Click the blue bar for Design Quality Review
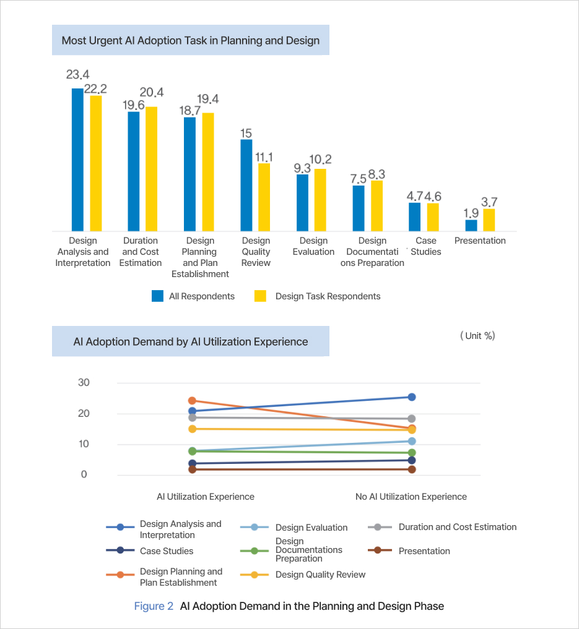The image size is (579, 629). click(246, 185)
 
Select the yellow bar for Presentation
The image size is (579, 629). click(489, 220)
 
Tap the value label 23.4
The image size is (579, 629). click(78, 75)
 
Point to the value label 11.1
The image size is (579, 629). click(264, 156)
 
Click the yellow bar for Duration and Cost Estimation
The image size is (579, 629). click(152, 168)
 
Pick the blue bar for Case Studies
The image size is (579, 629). click(414, 216)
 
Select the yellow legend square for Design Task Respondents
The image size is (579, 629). click(261, 296)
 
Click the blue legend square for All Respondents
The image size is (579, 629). click(157, 296)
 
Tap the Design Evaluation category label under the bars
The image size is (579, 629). click(313, 246)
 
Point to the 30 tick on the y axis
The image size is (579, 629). click(84, 382)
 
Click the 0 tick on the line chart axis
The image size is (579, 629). click(84, 475)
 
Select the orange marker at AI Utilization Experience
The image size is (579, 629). click(192, 401)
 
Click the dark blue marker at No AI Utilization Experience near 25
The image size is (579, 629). click(411, 397)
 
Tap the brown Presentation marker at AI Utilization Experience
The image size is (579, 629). click(192, 469)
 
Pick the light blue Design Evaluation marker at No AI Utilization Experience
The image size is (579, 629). click(411, 441)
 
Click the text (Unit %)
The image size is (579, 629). click(477, 336)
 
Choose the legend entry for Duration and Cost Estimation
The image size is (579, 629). click(457, 527)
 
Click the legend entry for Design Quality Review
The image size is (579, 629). click(320, 575)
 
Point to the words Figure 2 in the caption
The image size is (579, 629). click(154, 606)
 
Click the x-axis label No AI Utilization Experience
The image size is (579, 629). click(411, 497)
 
